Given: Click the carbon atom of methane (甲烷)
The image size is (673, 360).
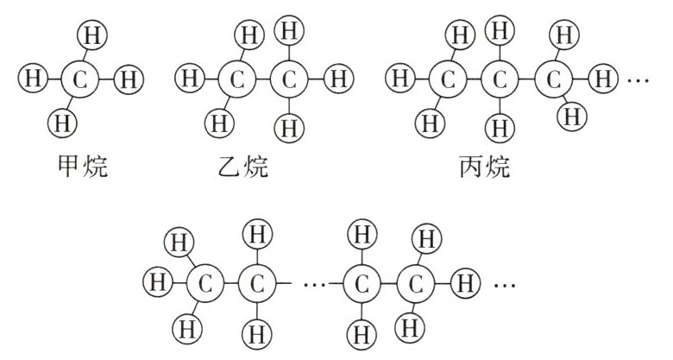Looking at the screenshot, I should (x=79, y=80).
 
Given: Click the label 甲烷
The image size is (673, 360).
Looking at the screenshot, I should (x=79, y=166).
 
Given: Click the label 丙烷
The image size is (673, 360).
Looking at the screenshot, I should (x=487, y=166).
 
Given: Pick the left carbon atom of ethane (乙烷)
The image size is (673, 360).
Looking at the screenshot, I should (x=234, y=80).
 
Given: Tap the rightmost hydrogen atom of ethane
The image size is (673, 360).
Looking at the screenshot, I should (x=338, y=80).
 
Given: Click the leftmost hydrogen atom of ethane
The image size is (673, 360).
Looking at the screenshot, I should (x=187, y=80).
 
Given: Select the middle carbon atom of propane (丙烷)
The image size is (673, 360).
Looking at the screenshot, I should (x=498, y=80).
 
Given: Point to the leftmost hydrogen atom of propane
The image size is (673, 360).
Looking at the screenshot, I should (x=399, y=80).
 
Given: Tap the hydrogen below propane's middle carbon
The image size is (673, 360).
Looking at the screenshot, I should (x=498, y=129).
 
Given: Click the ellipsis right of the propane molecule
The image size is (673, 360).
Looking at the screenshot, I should (x=638, y=81).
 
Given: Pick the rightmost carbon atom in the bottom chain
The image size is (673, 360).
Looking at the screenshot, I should (x=416, y=282).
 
